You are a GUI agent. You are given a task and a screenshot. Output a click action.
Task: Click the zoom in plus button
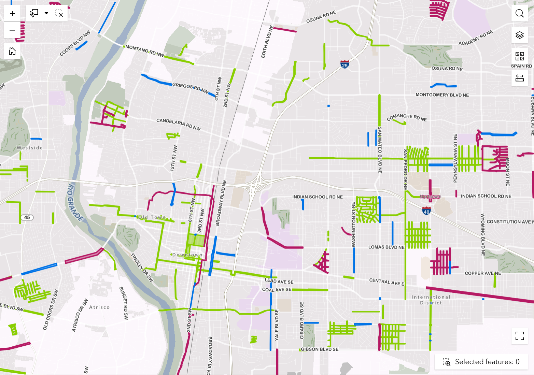coord(12,14)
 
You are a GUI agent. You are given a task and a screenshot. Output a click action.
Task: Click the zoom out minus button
coord(12,30)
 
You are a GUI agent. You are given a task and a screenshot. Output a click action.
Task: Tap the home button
coord(12,51)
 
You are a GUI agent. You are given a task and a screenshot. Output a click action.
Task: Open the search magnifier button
coord(519,13)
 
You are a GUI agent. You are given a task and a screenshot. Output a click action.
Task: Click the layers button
coord(519,35)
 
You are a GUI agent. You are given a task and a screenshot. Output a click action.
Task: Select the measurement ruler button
coord(519,78)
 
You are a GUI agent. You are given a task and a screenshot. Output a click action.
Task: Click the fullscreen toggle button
coord(519,336)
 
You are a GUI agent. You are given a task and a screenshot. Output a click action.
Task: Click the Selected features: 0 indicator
coord(481,362)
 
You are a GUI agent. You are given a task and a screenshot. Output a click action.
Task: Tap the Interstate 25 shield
coord(345,64)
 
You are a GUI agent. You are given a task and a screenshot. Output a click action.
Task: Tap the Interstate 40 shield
coord(426,211)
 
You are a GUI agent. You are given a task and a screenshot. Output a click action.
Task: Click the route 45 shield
coord(27,217)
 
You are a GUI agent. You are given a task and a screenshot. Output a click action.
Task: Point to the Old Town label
coord(152,217)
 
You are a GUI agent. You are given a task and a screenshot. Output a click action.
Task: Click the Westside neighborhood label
coord(30,148)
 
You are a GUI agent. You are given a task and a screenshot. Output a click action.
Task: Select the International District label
coord(431,300)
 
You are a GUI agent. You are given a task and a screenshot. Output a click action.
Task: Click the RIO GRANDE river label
coord(75,202)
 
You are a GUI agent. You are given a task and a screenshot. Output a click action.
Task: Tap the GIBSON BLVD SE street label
coord(320,349)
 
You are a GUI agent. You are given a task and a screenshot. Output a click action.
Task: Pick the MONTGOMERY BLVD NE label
coord(442,95)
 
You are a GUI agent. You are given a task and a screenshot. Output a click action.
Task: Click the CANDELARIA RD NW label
coord(178,124)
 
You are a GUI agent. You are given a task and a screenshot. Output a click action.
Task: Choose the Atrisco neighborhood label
coord(99,307)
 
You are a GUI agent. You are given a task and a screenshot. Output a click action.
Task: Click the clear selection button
coord(59,14)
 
